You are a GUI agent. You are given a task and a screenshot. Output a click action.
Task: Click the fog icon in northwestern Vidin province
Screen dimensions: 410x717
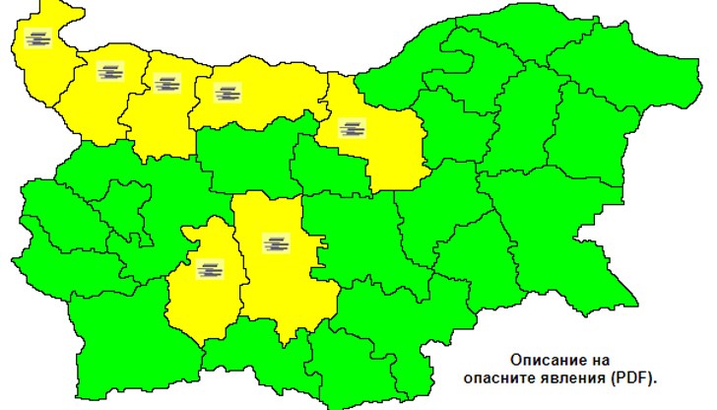38,39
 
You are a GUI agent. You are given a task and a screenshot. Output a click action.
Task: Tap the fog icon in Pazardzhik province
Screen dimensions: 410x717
210,268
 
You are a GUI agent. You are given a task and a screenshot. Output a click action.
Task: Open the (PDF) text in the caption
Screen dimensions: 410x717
632,377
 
